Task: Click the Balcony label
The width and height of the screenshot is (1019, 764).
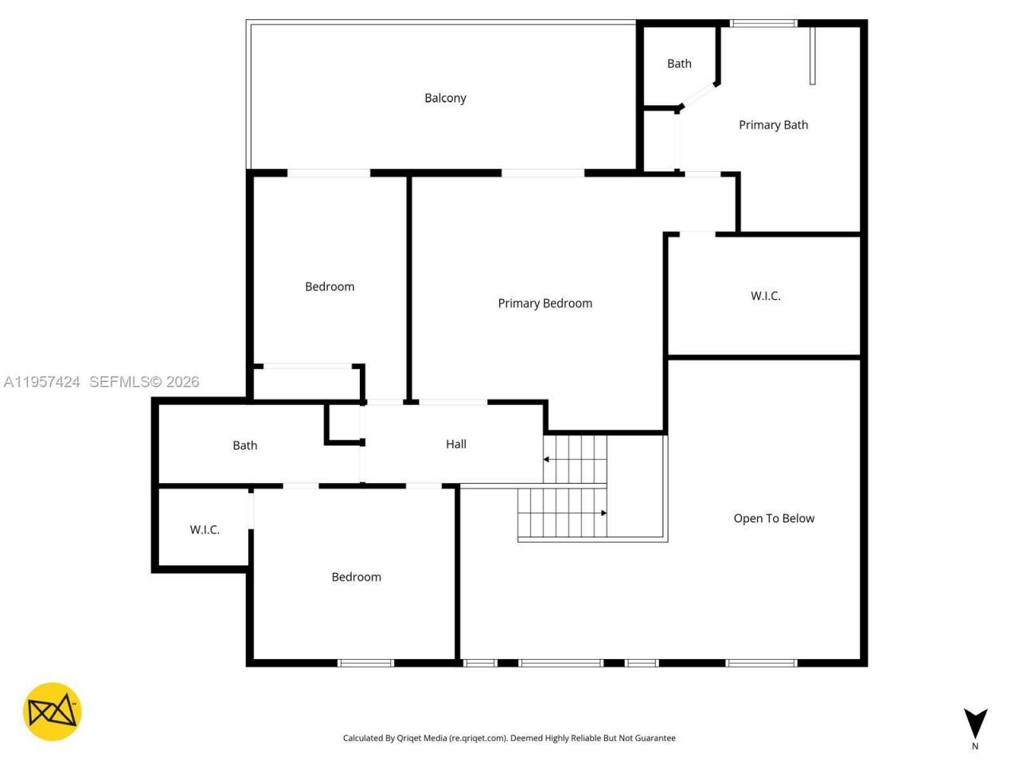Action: pos(445,98)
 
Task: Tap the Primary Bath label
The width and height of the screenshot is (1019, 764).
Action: pos(773,125)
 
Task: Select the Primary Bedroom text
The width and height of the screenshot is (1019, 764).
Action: pos(545,303)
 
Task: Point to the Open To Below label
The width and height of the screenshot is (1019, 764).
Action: pos(774,518)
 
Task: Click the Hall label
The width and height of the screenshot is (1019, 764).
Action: pos(456,444)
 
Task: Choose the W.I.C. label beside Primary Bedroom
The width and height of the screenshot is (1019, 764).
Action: pos(765,296)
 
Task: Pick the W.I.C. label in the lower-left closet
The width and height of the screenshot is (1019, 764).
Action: pos(205,529)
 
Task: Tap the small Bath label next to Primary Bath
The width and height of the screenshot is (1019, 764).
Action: pos(679,64)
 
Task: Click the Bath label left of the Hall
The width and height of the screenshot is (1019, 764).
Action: pos(244,446)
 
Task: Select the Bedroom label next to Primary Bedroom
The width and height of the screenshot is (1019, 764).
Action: pos(330,286)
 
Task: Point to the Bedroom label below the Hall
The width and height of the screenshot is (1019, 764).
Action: pos(356,577)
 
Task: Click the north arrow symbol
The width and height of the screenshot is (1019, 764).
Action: pos(975,722)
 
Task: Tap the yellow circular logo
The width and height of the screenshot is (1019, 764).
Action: pos(52,711)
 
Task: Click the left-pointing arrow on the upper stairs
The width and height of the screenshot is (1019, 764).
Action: pos(547,459)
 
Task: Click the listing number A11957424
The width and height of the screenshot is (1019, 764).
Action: pos(41,382)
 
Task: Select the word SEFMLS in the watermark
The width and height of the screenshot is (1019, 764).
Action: pos(119,382)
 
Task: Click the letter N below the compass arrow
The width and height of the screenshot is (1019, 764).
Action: pos(975,746)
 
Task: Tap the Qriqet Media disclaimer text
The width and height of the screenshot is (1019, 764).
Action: pos(509,739)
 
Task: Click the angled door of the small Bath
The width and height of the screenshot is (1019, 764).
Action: pos(698,95)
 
